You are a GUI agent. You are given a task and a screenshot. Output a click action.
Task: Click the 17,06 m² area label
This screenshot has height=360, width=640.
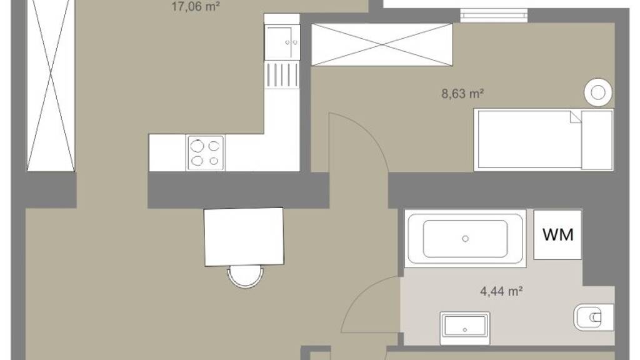196,6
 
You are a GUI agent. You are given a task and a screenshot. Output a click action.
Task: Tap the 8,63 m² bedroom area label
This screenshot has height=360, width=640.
462,94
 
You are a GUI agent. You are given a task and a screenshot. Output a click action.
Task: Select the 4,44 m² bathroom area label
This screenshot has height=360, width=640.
501,291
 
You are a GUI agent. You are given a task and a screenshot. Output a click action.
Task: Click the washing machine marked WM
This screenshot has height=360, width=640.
557,235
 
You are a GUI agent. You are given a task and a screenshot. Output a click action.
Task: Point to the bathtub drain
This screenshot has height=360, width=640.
465,239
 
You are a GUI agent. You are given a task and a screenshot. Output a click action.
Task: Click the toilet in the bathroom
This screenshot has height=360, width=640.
594,317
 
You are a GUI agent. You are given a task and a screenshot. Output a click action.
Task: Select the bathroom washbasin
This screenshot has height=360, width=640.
465,329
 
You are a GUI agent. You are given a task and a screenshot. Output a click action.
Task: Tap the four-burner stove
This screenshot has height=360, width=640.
205,152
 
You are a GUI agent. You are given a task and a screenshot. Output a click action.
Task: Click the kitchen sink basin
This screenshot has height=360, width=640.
282,42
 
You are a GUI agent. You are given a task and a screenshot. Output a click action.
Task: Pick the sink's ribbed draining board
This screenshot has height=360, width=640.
282,75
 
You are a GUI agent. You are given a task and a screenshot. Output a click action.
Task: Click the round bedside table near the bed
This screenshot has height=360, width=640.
598,92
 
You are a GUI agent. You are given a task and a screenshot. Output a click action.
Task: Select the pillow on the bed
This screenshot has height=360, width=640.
597,140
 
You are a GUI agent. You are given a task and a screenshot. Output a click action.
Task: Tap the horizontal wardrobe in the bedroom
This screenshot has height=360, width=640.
382,44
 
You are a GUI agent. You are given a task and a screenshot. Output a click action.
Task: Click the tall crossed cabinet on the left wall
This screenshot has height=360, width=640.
51,86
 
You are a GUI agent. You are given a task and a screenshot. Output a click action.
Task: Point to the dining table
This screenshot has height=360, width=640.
244,237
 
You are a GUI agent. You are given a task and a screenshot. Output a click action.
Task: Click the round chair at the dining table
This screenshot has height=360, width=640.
245,277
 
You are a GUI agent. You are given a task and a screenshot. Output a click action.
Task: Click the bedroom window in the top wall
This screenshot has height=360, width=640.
494,16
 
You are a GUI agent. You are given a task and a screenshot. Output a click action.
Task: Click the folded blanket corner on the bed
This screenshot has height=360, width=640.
576,117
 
